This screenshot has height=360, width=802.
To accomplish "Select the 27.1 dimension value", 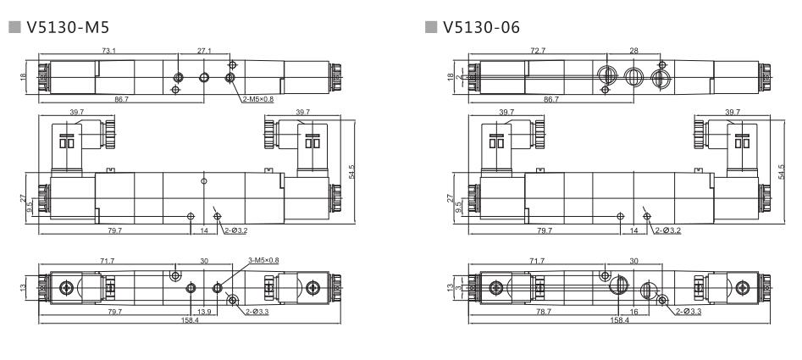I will pos(204,52).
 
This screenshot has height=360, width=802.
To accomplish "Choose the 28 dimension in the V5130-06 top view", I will pos(633,52).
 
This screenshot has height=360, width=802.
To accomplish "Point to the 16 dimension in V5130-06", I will pos(633,312).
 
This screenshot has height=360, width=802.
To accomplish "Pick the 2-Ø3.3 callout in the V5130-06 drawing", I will pos(689,312).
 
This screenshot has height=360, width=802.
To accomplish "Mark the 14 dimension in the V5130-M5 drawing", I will pos(204,230).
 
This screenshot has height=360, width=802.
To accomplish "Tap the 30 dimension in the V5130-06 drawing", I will pos(633,261).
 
